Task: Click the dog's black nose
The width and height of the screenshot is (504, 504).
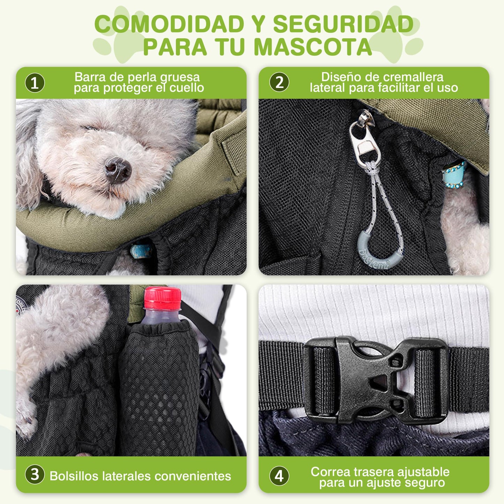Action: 118,170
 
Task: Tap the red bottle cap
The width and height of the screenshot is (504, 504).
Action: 163,298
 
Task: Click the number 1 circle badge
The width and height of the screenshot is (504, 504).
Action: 35,83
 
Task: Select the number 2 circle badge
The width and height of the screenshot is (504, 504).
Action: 279,82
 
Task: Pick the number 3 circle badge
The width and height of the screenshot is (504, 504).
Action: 35,474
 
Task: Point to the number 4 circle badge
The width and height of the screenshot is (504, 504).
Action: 279,476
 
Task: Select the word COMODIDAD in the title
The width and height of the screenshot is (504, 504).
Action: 169,24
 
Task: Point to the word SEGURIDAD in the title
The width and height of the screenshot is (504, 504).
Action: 343,24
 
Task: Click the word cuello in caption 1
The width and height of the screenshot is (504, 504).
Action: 187,88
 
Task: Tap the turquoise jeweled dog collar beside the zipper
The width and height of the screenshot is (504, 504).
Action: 454,174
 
